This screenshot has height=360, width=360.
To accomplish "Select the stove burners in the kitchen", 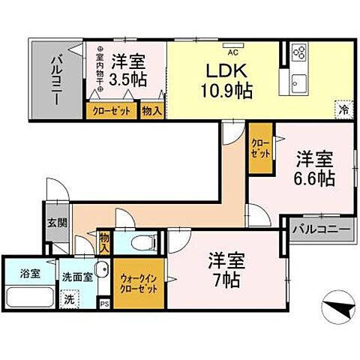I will (298, 52).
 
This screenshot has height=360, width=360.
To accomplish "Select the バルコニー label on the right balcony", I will (321, 228).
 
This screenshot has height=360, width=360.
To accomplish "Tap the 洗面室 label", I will (77, 276).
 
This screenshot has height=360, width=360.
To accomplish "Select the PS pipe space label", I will (104, 304).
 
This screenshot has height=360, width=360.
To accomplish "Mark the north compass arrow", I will (330, 308).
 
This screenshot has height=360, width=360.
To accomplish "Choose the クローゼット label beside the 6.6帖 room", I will (259, 147).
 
